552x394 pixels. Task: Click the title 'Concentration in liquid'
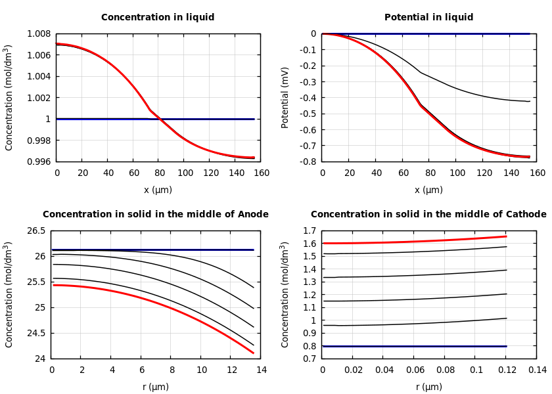[158, 18]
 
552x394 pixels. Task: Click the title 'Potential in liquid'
[428, 18]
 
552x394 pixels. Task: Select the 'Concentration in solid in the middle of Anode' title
[156, 215]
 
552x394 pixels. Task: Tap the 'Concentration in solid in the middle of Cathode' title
[428, 215]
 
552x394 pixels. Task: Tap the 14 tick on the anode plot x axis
[261, 370]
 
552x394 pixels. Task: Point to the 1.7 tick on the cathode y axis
[309, 231]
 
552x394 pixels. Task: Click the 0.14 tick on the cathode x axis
[537, 370]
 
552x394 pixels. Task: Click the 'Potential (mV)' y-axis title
[285, 97]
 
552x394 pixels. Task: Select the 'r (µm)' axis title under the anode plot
[156, 387]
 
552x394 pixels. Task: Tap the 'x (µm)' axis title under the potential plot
[428, 190]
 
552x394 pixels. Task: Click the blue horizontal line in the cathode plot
[414, 346]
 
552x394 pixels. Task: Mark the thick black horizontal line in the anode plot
[151, 250]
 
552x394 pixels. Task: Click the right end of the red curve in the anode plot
[253, 353]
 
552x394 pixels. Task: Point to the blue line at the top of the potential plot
[427, 33]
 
